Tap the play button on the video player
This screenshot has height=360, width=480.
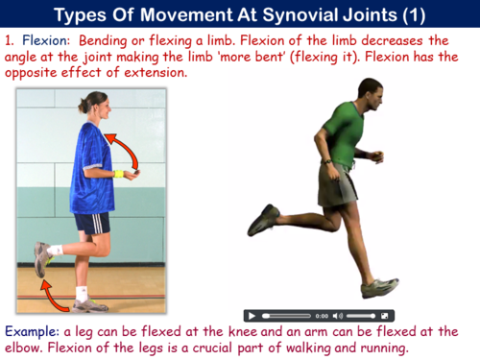tap(252, 315)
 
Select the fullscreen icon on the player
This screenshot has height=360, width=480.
tap(384, 315)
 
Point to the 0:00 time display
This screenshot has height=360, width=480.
tap(322, 315)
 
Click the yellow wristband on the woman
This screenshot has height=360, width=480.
tap(119, 174)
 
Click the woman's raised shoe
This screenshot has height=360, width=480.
tap(42, 257)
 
